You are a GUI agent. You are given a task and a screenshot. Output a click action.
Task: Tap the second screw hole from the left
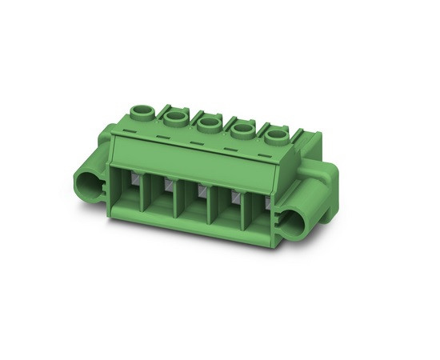[174, 118]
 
